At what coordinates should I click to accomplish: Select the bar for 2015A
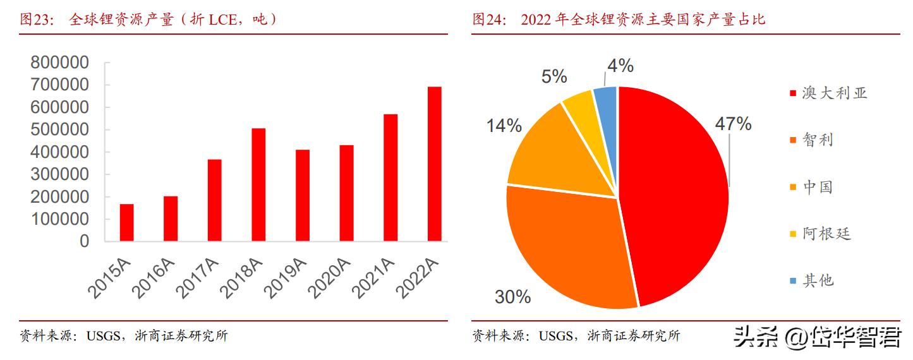point(126,222)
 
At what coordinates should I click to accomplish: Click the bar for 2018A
point(258,184)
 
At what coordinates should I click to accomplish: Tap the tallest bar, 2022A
point(434,164)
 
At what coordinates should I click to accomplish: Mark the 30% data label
point(512,296)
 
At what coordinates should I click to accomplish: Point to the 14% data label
point(504,126)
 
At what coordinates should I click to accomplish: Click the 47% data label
point(733,124)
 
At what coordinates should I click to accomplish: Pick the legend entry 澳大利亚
point(834,93)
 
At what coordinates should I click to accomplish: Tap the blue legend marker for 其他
point(792,280)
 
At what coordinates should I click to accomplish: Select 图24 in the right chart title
point(488,20)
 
